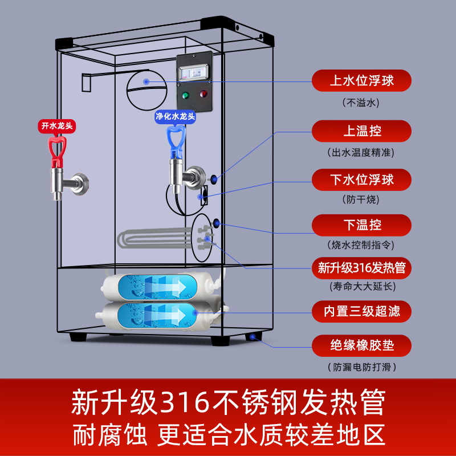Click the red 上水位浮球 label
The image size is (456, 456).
[x=361, y=80]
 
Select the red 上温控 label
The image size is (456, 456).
[x=361, y=131]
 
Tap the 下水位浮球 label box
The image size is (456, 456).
[x=361, y=180]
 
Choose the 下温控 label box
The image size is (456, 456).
[x=361, y=225]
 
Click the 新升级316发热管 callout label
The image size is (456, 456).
[x=361, y=267]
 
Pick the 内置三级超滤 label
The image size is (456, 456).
[x=361, y=311]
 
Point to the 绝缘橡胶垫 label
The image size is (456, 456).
[x=361, y=345]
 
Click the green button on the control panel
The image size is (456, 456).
[x=185, y=95]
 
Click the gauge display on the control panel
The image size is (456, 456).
[x=194, y=71]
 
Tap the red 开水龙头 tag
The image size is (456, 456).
[x=56, y=125]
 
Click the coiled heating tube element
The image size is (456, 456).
[x=154, y=239]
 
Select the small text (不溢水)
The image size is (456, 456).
[x=361, y=103]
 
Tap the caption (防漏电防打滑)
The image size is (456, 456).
[x=361, y=367]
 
